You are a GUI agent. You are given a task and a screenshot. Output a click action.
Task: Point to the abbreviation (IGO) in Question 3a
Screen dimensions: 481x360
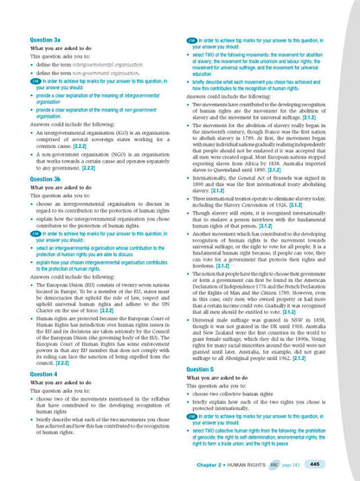click(127, 129)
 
